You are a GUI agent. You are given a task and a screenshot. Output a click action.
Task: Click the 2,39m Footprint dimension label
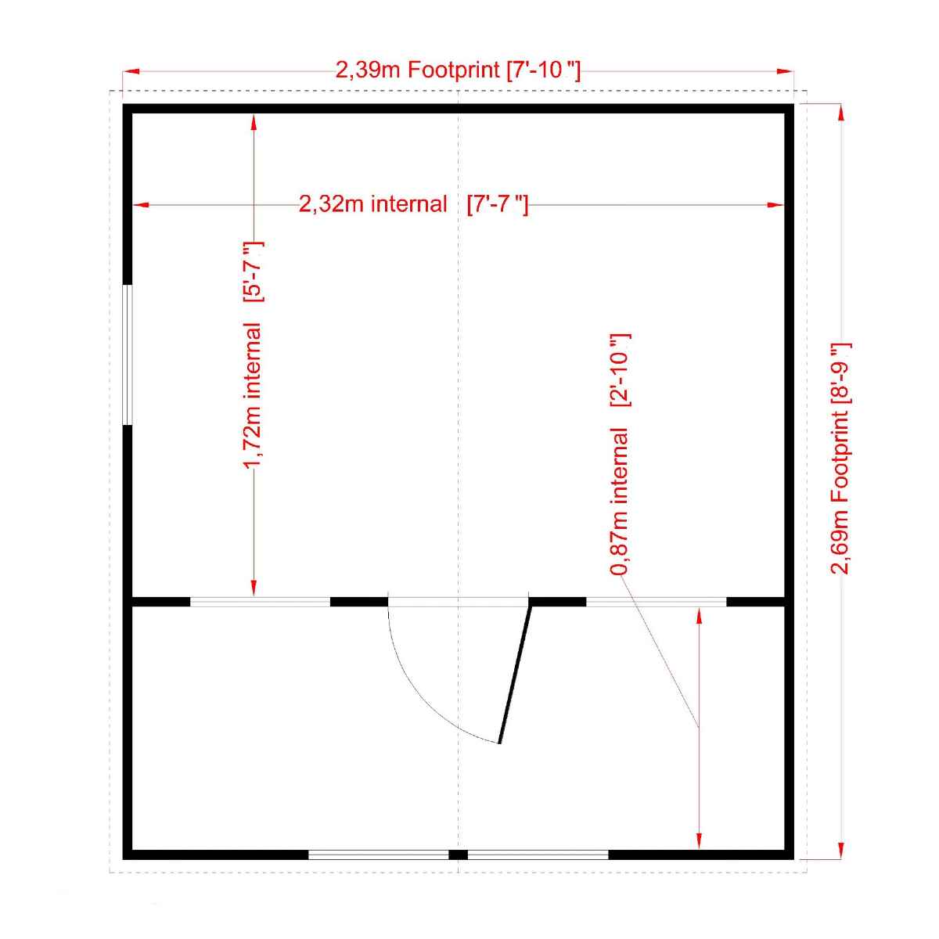[x=458, y=70]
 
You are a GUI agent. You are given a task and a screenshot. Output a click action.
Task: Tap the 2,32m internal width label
[x=413, y=204]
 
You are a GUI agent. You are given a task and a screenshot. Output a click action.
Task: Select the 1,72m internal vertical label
[x=253, y=354]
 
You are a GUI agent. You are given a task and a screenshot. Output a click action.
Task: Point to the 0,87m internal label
[x=621, y=454]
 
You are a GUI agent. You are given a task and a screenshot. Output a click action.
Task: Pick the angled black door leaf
[x=515, y=675]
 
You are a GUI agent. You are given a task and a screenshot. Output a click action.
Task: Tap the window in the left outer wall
[x=128, y=354]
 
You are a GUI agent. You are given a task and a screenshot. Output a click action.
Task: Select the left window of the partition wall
[x=261, y=602]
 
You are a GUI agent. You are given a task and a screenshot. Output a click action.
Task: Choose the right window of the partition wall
[x=656, y=602]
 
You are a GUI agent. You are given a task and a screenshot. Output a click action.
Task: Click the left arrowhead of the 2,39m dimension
[x=131, y=71]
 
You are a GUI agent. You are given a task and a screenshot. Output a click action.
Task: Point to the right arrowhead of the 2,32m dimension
[x=775, y=205]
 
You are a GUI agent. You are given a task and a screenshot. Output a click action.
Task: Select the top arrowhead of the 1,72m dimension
[x=254, y=122]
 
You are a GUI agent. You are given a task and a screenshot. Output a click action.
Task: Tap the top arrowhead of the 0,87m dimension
[x=699, y=616]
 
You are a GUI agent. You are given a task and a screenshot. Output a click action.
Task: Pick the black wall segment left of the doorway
[x=359, y=602]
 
